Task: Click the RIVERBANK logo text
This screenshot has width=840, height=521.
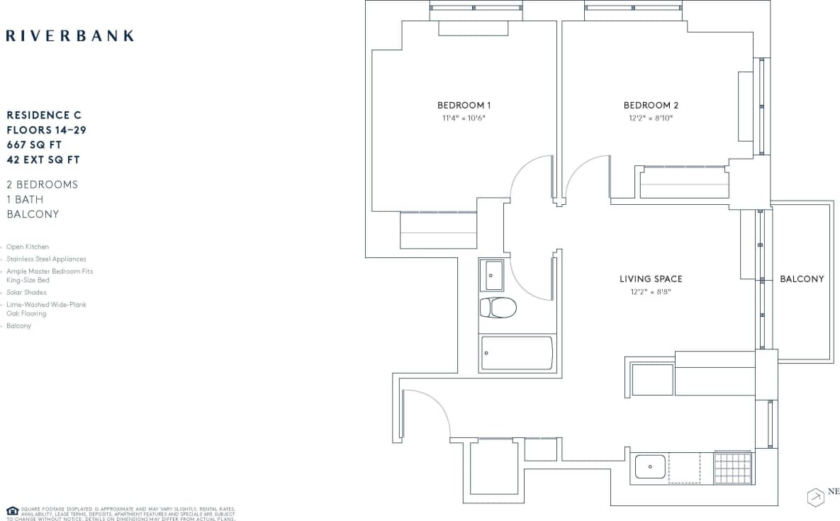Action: click(69, 35)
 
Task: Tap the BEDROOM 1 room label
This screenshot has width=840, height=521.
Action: click(464, 105)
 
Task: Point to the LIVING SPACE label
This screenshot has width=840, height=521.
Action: click(651, 279)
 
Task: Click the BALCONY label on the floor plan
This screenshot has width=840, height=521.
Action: click(802, 279)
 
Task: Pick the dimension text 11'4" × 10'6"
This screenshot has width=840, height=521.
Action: click(464, 118)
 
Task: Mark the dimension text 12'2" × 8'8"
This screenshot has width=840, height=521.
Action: click(651, 291)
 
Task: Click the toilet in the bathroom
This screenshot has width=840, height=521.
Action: click(498, 307)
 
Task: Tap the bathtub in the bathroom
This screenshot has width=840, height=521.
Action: click(517, 352)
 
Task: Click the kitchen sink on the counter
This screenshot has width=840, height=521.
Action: click(649, 467)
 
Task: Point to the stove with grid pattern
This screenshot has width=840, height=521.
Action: click(732, 468)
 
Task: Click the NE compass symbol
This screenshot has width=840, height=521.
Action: click(815, 497)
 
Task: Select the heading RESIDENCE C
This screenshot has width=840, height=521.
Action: click(44, 115)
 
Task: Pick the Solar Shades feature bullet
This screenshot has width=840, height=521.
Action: click(26, 292)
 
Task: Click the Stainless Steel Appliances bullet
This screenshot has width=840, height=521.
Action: click(46, 259)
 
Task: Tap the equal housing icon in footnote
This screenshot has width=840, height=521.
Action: click(12, 510)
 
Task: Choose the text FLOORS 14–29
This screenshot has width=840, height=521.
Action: click(46, 130)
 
